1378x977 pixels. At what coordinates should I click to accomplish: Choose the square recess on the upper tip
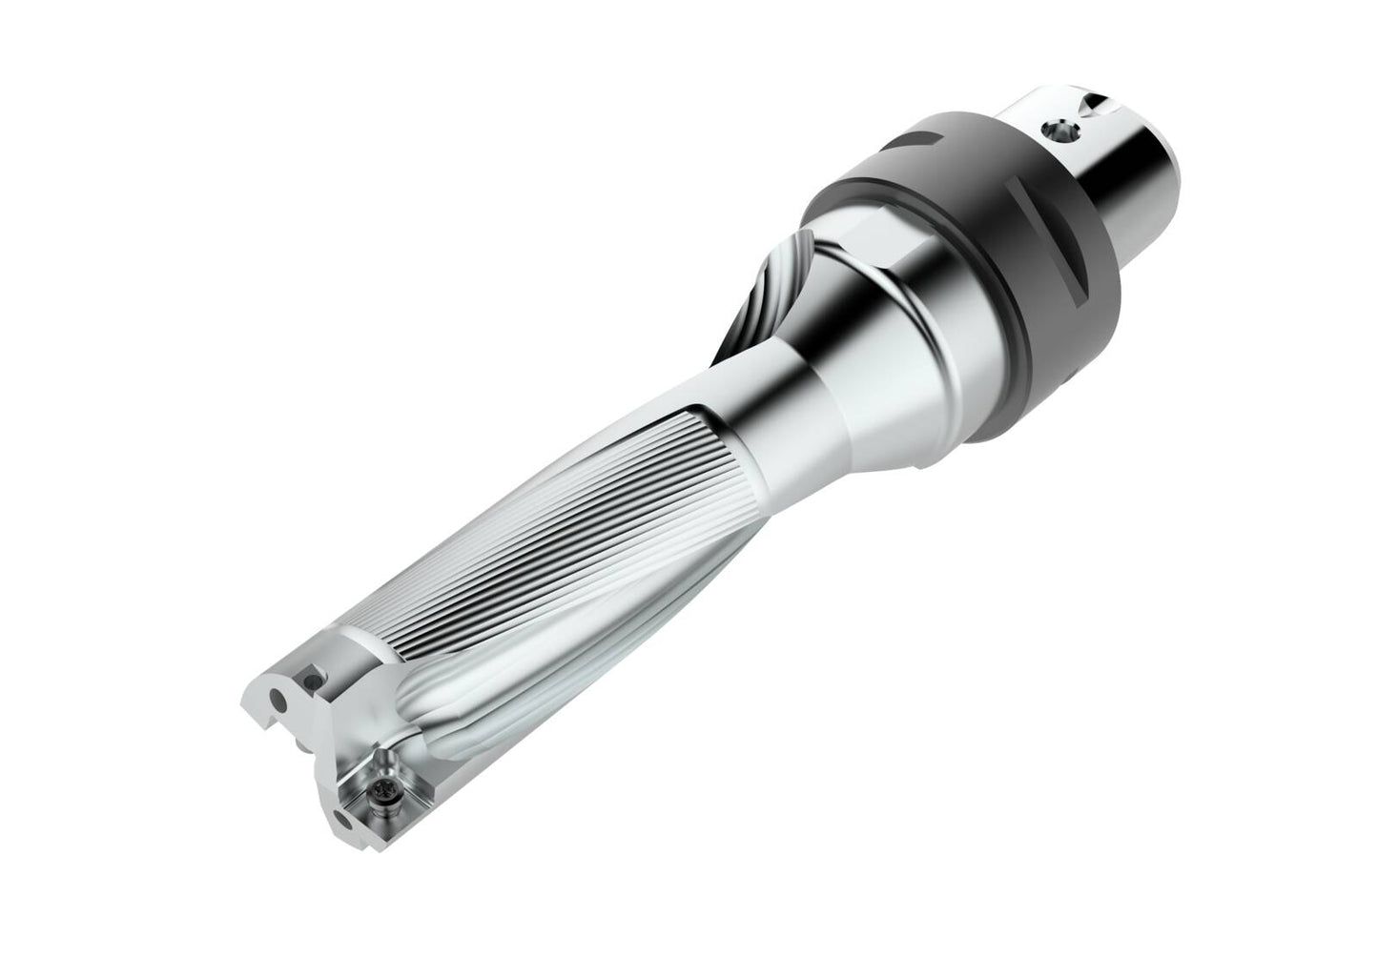(x=310, y=679)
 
